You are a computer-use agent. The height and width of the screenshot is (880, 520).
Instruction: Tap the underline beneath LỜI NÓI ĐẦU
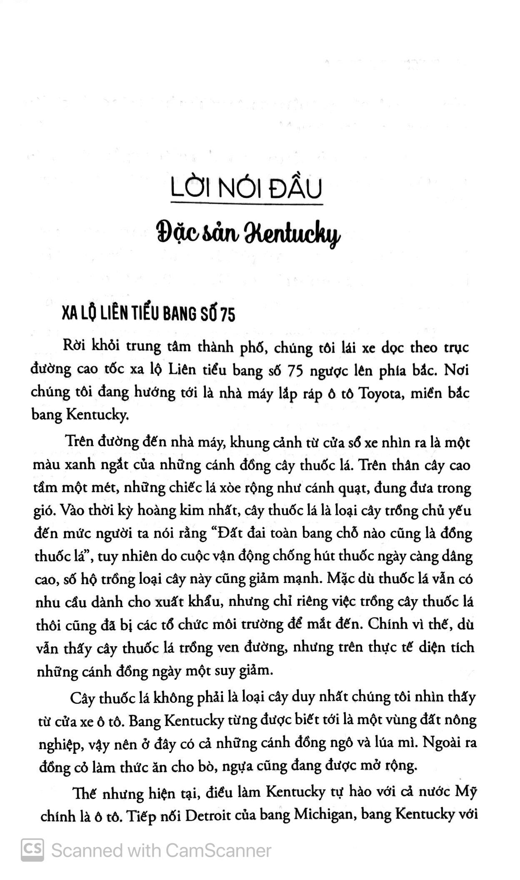pos(247,204)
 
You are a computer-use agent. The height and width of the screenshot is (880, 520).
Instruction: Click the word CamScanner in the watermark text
pos(218,850)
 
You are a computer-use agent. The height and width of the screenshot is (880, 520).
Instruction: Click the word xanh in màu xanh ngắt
pos(79,466)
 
